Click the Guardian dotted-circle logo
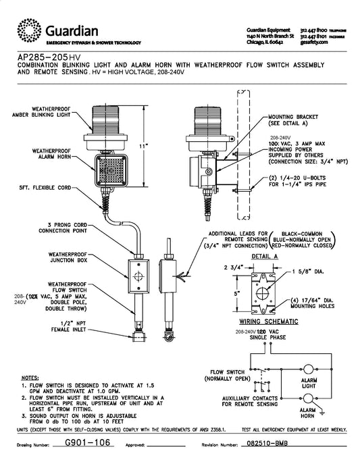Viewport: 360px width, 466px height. click(29, 30)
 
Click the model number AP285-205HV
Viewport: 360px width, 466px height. click(49, 57)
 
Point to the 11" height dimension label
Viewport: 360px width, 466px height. click(143, 146)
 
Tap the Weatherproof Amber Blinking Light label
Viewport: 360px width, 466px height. click(41, 111)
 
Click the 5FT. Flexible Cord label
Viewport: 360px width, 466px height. click(45, 188)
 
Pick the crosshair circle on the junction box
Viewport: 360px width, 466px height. click(138, 276)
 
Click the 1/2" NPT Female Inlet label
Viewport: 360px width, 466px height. click(69, 326)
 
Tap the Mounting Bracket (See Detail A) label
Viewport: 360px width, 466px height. click(293, 120)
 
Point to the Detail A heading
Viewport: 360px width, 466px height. click(265, 256)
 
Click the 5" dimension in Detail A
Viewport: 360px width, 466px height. click(236, 293)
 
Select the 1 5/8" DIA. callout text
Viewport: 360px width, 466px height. click(308, 271)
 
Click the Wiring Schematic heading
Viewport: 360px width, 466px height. click(269, 321)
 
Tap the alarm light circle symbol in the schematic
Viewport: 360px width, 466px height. click(308, 369)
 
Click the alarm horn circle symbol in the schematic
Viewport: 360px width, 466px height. click(308, 398)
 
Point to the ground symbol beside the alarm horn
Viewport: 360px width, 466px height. click(322, 413)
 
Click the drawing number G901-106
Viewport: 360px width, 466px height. click(87, 442)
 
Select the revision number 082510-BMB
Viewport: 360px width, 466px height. click(265, 444)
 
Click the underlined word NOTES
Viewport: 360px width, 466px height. click(30, 378)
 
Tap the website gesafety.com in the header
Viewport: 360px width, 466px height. click(314, 42)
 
